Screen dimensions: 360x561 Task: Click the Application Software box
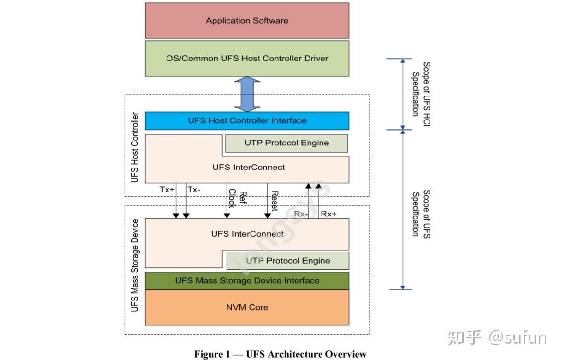pos(247,21)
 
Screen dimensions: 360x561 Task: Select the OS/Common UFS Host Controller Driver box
pos(247,59)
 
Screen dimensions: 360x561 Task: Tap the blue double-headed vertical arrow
pos(247,94)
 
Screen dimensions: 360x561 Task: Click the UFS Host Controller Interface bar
pos(247,120)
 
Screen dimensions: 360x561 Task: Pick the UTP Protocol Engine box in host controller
pos(286,143)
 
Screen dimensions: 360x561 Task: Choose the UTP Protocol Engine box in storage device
pos(288,261)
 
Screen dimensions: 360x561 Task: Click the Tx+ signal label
pos(167,190)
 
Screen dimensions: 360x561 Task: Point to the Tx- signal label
pos(194,190)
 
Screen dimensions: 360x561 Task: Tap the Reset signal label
pos(275,201)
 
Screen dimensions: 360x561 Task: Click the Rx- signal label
pos(301,214)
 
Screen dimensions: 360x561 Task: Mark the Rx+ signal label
pos(329,214)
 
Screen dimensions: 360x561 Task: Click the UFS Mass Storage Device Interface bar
pos(247,281)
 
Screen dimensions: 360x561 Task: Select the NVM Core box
pos(247,307)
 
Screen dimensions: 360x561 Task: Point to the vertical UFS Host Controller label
pos(135,147)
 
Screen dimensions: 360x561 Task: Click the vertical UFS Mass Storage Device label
pos(135,265)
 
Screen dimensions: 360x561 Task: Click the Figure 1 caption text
pos(280,354)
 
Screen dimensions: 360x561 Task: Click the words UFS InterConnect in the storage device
pos(247,234)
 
